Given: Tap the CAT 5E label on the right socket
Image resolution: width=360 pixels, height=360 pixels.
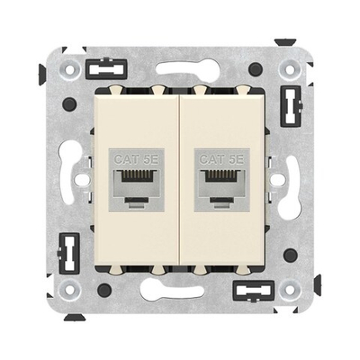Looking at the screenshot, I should pyautogui.click(x=220, y=159).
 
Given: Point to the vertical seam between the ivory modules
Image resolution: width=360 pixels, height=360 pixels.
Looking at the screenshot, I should pyautogui.click(x=180, y=180).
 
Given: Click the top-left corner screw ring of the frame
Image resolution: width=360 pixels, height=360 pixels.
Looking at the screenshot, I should pyautogui.click(x=68, y=68).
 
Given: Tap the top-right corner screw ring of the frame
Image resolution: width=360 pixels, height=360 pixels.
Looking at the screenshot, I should pyautogui.click(x=291, y=68).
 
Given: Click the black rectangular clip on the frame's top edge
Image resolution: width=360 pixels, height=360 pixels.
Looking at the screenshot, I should pyautogui.click(x=105, y=68).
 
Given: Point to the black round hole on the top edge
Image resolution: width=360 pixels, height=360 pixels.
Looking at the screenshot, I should pyautogui.click(x=256, y=68).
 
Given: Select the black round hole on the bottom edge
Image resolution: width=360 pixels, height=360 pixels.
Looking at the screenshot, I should pyautogui.click(x=105, y=290).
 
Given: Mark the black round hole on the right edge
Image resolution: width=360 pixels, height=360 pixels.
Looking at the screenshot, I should pyautogui.click(x=291, y=255).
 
